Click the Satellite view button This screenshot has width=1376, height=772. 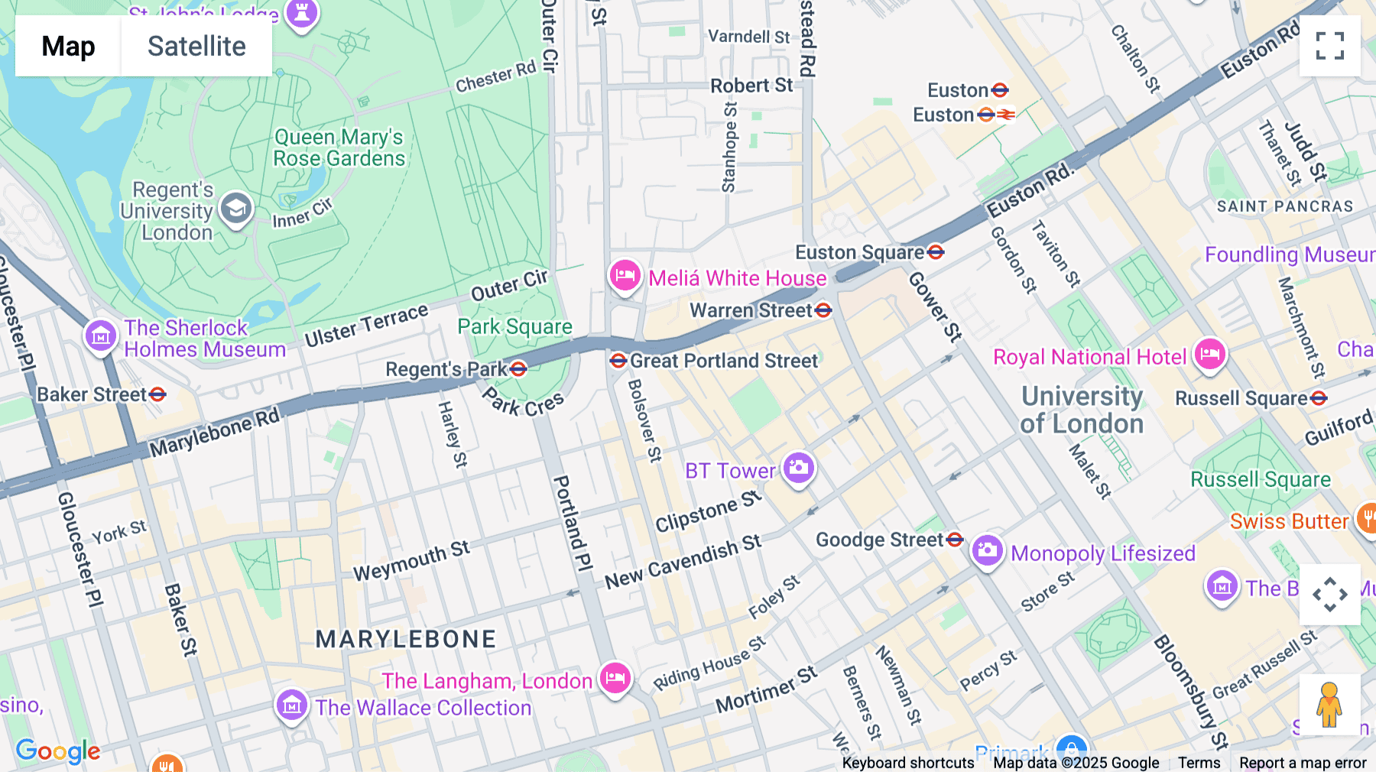[x=196, y=47]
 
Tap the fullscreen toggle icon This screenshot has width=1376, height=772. [x=1329, y=46]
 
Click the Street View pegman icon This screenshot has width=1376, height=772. [x=1329, y=705]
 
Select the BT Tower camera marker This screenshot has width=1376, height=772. [x=799, y=467]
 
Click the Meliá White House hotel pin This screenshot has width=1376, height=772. [x=625, y=276]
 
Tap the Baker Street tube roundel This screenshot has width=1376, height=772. [x=158, y=394]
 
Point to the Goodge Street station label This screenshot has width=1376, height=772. [x=879, y=540]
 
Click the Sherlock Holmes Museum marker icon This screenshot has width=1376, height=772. [x=100, y=336]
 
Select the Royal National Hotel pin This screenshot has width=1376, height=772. [x=1209, y=355]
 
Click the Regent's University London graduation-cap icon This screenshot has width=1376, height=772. [x=235, y=209]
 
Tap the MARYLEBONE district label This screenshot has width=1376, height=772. [x=406, y=639]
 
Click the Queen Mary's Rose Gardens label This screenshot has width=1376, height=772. [x=339, y=148]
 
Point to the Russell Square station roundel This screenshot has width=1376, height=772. [x=1319, y=398]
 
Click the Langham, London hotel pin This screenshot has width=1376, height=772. [x=615, y=678]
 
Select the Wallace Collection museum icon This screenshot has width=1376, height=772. [x=291, y=706]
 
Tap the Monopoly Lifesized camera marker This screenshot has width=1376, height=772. [x=987, y=550]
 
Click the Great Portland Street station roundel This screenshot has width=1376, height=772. [x=618, y=361]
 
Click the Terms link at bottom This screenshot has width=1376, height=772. [x=1199, y=763]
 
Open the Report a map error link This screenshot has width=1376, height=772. [x=1302, y=763]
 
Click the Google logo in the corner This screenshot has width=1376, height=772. [x=58, y=751]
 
